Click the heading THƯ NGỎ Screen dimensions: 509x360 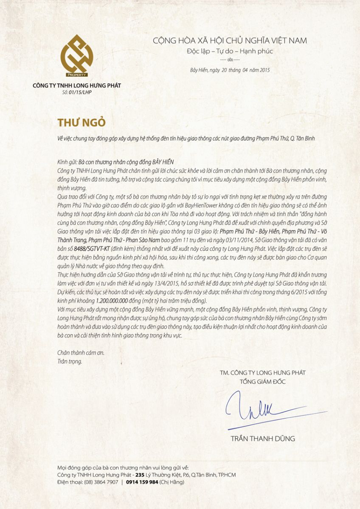[82, 122]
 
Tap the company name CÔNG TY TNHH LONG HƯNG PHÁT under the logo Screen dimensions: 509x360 [77, 85]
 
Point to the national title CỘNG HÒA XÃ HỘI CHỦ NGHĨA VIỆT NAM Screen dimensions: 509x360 [230, 41]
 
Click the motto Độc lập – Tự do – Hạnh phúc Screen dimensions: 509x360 [230, 51]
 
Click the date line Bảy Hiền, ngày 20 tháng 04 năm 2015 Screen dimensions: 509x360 [230, 70]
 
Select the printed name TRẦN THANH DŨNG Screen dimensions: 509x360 [263, 439]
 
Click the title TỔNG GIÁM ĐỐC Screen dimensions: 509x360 [263, 382]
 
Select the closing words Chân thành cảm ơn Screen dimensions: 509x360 [81, 353]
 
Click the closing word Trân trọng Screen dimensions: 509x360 [70, 361]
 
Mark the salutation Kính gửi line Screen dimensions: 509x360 [115, 162]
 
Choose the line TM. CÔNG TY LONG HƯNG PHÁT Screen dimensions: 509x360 [263, 373]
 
